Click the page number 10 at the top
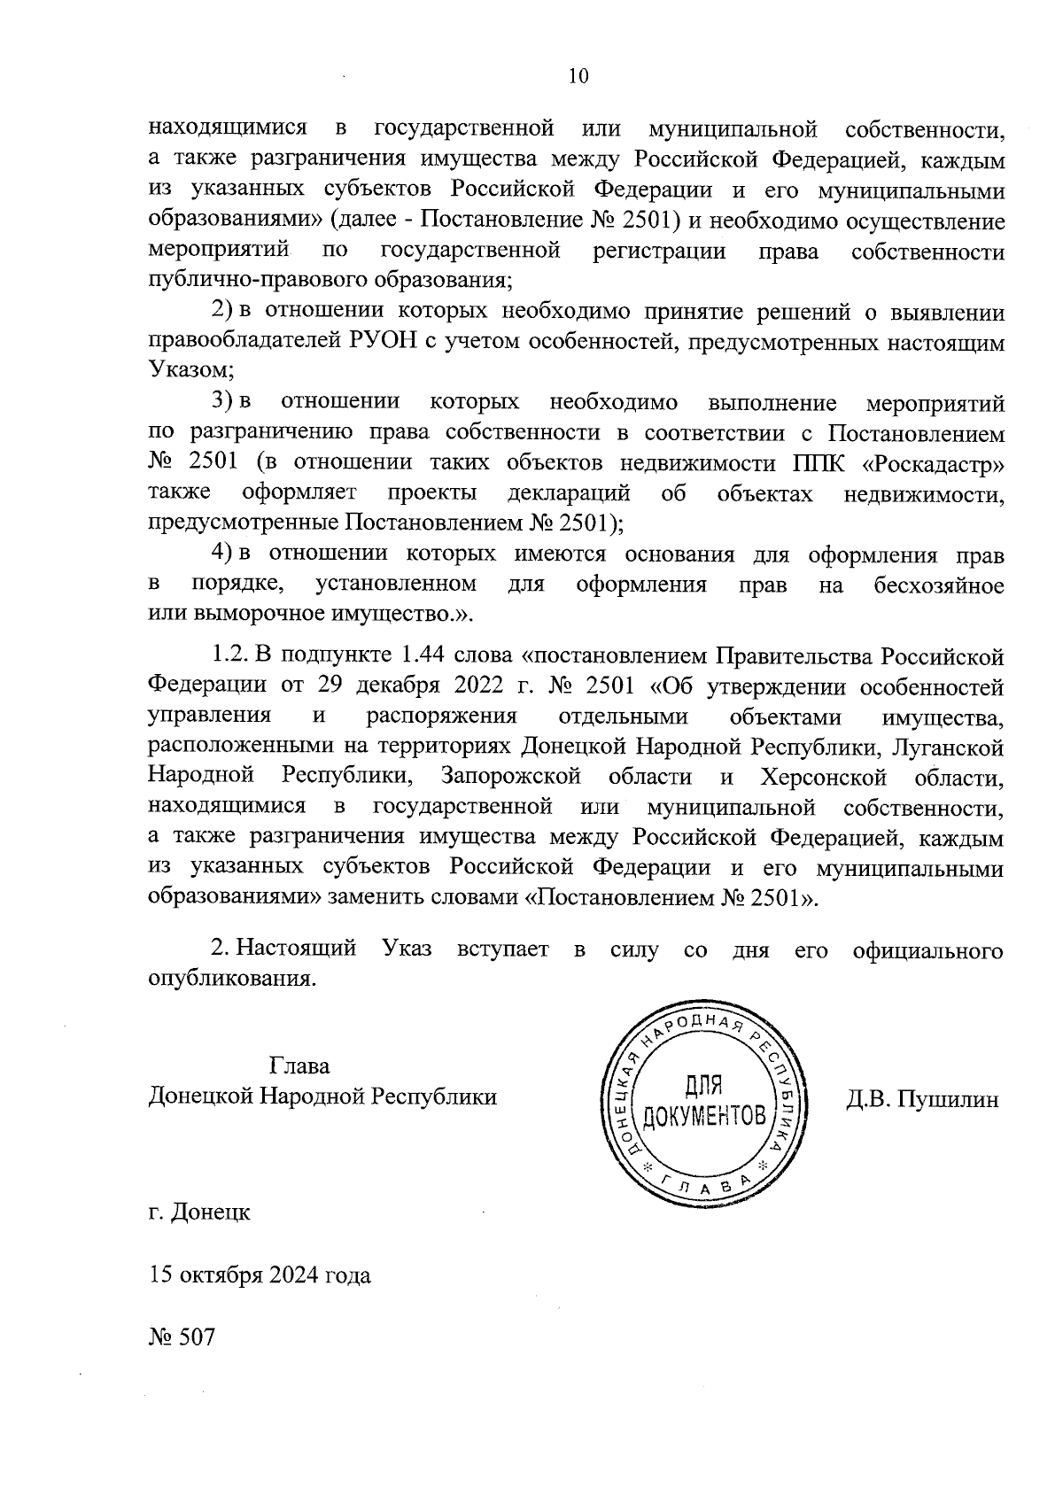(578, 76)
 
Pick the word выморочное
(250, 615)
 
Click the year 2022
(506, 687)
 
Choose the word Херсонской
(823, 778)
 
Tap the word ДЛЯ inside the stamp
(705, 1088)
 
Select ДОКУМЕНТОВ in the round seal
(705, 1116)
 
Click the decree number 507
(197, 1337)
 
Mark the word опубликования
(231, 980)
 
